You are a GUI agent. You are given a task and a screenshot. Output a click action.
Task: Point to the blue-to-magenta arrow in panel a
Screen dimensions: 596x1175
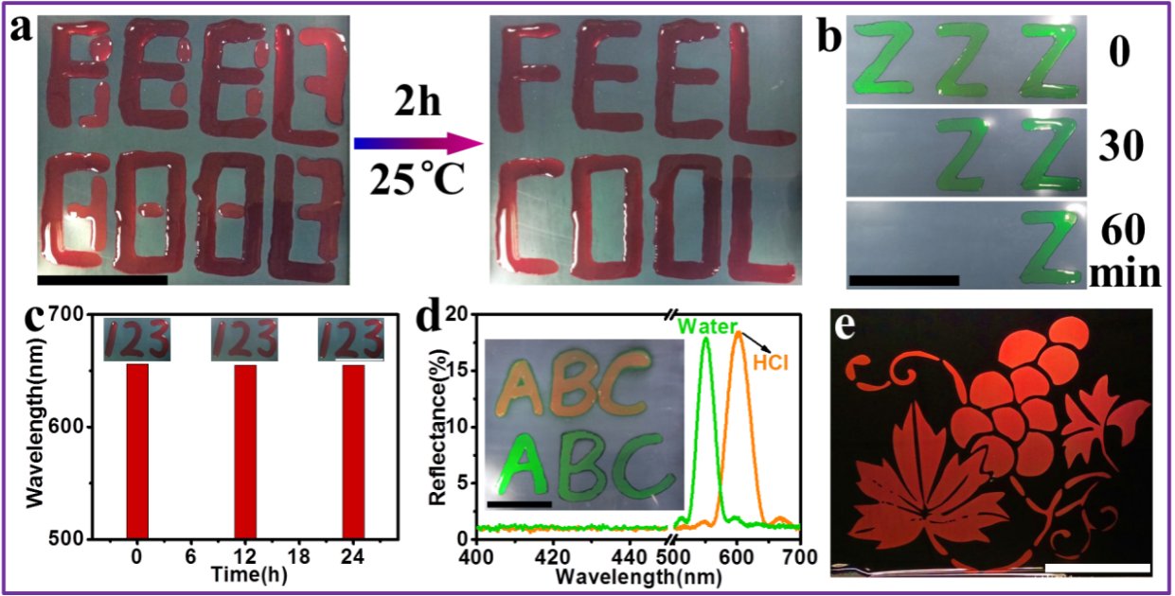pyautogui.click(x=418, y=143)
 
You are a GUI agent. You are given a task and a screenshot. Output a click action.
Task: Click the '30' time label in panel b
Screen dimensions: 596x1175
pyautogui.click(x=1123, y=147)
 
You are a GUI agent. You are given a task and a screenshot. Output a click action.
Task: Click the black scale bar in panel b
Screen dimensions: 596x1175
pyautogui.click(x=904, y=279)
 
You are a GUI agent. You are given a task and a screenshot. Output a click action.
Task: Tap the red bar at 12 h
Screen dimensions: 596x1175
pyautogui.click(x=245, y=451)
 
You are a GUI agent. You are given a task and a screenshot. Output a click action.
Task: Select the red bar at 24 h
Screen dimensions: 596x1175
pyautogui.click(x=353, y=451)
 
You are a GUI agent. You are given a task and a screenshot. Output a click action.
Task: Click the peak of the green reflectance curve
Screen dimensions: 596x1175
pyautogui.click(x=705, y=340)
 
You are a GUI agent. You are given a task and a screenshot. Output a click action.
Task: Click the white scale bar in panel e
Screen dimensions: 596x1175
pyautogui.click(x=1097, y=568)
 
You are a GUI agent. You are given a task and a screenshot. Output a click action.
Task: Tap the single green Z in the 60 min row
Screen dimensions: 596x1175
pyautogui.click(x=1050, y=248)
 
